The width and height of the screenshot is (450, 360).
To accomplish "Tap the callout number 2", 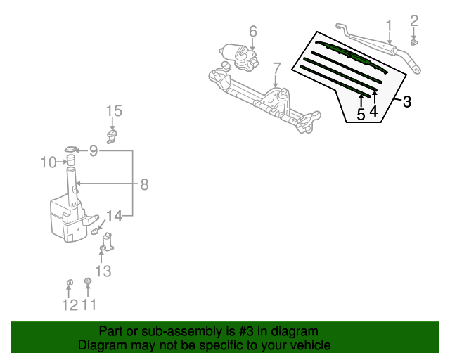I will tap(414, 20).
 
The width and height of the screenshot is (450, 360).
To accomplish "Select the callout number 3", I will tap(407, 101).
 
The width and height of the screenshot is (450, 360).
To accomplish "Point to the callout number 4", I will tap(373, 110).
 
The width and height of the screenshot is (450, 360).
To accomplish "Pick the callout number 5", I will tap(361, 115).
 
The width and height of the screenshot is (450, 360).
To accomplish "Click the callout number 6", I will tap(253, 31).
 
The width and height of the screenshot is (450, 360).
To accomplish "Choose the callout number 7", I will tap(276, 68).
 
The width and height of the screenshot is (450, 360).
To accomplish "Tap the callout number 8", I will tap(144, 184).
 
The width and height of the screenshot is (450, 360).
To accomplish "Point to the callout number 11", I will tap(89, 304).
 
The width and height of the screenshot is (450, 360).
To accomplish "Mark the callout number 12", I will tap(69, 304).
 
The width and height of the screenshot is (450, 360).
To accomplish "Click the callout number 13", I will tap(103, 271).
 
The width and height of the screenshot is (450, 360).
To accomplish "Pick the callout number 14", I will tap(115, 215).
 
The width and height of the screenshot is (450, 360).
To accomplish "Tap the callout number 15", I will tap(114, 110).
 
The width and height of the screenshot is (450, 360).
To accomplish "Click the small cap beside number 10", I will tap(71, 161).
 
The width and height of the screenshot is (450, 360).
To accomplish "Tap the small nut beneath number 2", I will tap(414, 42).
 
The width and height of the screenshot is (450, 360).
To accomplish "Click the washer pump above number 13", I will tap(108, 243).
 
